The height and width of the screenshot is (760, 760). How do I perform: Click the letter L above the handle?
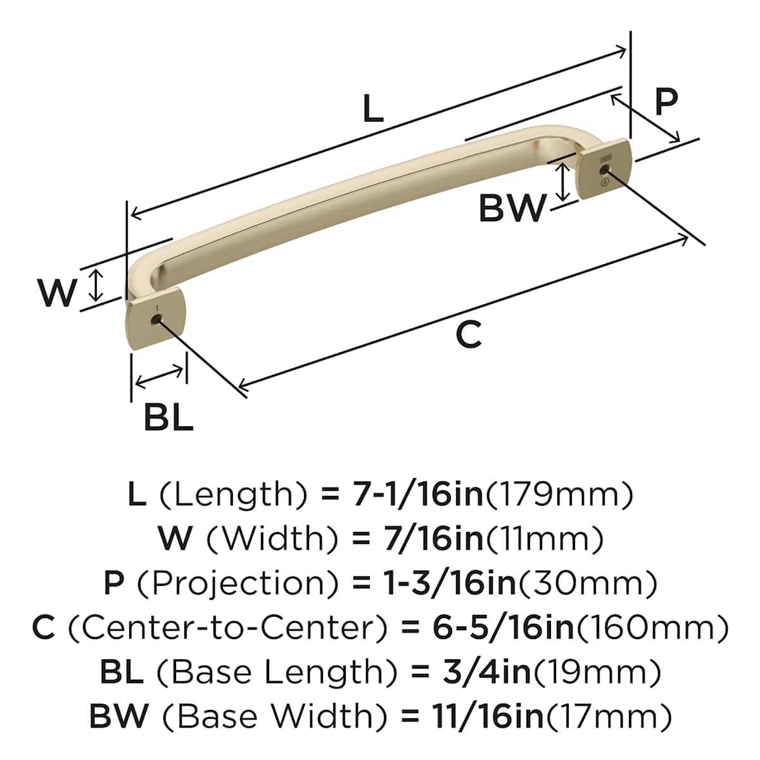(x=372, y=108)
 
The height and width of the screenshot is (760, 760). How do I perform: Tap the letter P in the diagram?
(x=666, y=101)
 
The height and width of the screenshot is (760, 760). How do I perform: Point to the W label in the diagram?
(x=57, y=293)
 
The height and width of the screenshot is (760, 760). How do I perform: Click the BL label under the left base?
(x=169, y=417)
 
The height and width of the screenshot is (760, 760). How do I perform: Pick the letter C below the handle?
(x=469, y=334)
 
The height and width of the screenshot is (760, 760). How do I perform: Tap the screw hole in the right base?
(x=604, y=170)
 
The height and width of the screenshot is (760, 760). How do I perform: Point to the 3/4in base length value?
(x=486, y=673)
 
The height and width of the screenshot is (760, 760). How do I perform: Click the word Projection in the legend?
(x=238, y=584)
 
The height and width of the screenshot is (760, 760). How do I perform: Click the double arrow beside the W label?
(x=96, y=285)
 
